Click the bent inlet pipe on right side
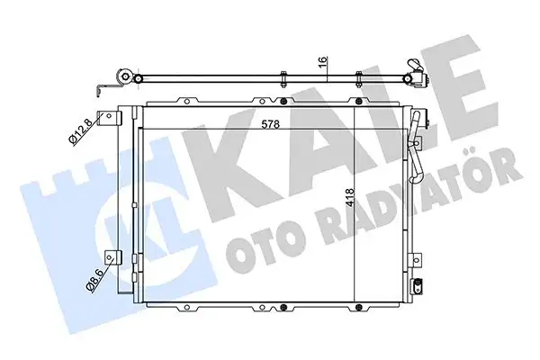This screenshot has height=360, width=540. point(416,130)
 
